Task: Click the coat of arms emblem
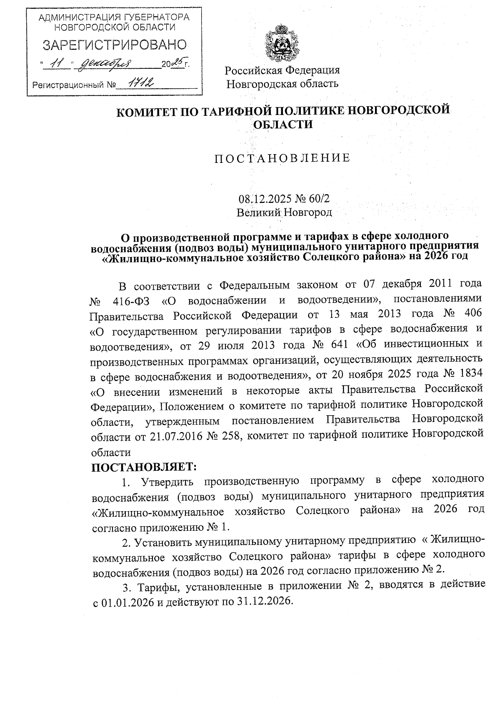[282, 43]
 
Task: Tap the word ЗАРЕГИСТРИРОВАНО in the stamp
[115, 45]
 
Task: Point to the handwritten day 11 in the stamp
[58, 64]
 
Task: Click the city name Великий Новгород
[284, 212]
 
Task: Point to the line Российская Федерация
[282, 70]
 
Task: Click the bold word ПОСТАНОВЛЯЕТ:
[144, 466]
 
